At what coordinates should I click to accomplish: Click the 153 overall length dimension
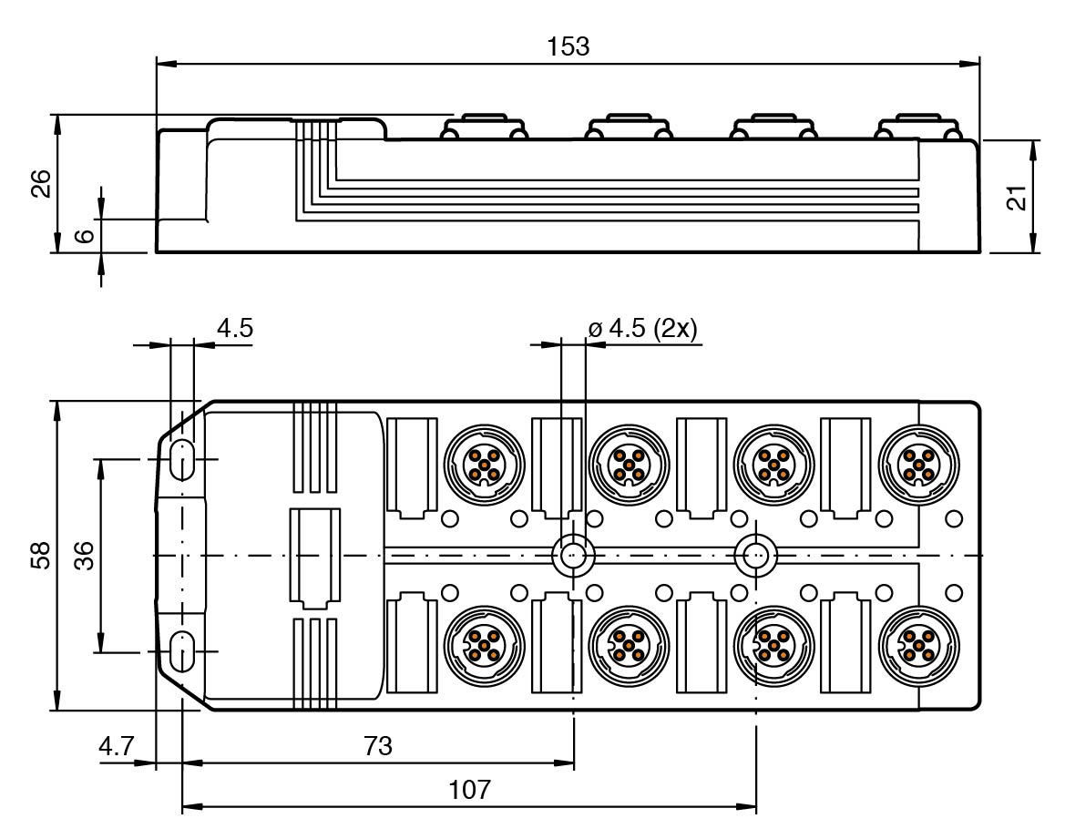pos(568,46)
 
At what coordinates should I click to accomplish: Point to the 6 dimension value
pos(84,235)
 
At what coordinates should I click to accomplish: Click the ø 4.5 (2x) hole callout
pos(642,328)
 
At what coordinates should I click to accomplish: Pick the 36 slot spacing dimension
pos(84,556)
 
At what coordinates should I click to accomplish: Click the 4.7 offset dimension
pos(116,747)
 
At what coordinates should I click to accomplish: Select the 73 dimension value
pos(377,747)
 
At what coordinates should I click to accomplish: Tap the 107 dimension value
pos(470,790)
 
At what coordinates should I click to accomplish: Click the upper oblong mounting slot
pos(182,460)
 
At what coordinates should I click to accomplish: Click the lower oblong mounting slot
pos(182,651)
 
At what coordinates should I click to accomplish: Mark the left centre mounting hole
pos(573,554)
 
